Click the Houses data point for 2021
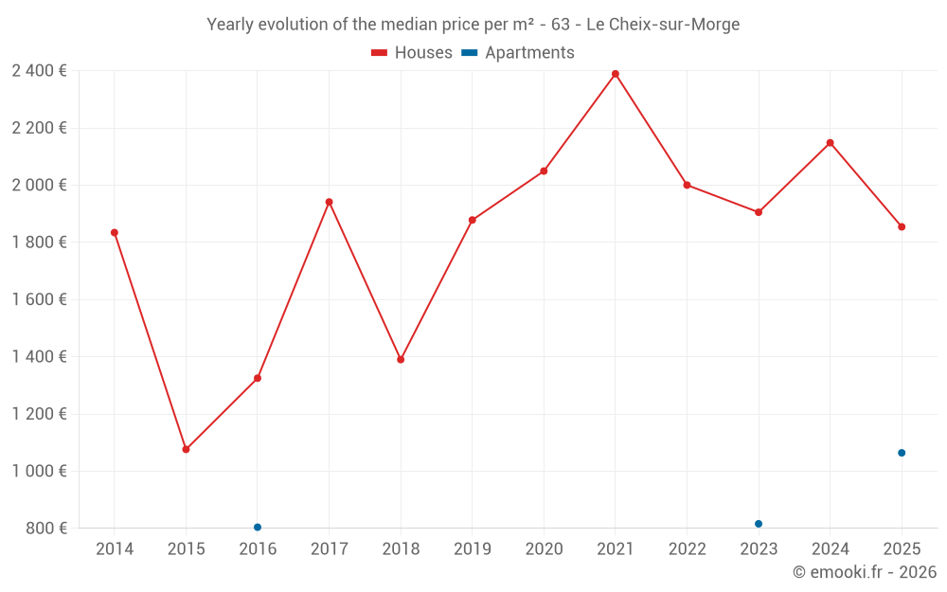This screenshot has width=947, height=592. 616,74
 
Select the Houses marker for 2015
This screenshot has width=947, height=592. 186,449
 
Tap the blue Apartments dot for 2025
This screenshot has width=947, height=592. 902,453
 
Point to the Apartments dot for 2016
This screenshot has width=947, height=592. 258,527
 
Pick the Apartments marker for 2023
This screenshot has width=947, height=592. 759,524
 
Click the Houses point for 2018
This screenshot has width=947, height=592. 401,359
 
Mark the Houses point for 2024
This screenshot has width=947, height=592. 831,143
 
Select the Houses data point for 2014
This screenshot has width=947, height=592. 115,232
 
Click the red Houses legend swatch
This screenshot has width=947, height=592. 379,53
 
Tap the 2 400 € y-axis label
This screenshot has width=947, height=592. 39,70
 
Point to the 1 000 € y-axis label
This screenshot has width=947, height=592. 39,471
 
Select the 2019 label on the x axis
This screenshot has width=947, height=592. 473,548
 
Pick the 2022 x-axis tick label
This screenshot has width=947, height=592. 687,548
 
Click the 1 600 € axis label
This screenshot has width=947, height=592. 39,299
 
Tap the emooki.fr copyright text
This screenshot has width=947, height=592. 864,572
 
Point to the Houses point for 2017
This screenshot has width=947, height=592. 329,202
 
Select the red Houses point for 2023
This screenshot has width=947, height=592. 759,212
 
